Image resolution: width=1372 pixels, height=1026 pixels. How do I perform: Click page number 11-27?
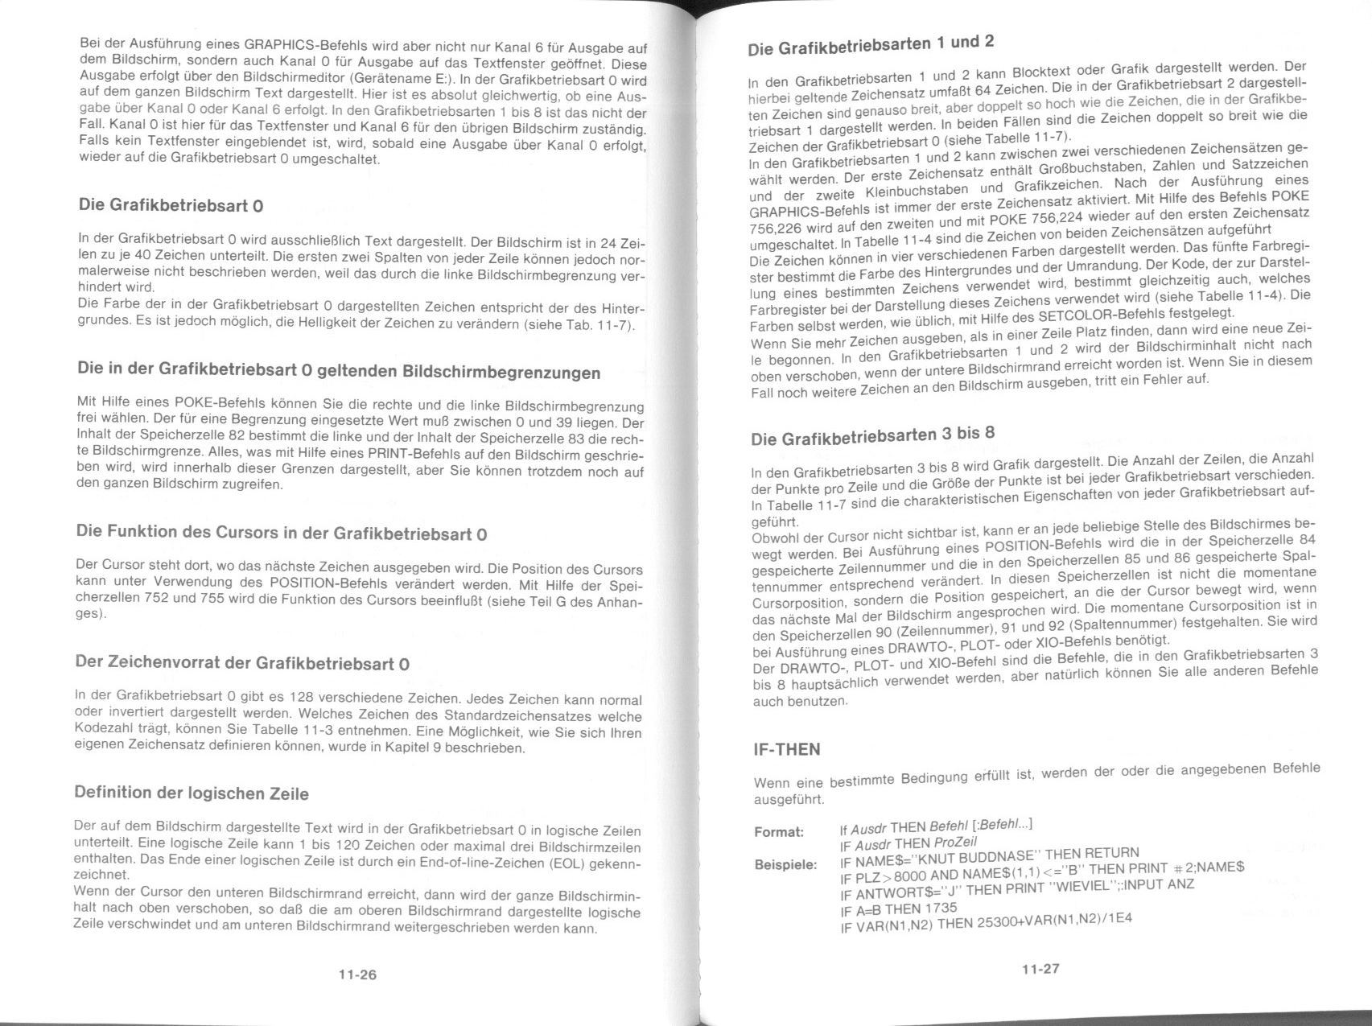(x=1040, y=969)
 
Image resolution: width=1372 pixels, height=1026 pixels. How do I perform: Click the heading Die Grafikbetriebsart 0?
(x=171, y=205)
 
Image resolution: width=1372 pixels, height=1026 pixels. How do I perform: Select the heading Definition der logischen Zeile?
(x=192, y=793)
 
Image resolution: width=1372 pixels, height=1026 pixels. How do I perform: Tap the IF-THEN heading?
(x=786, y=750)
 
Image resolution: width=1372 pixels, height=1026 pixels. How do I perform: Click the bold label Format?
(x=778, y=832)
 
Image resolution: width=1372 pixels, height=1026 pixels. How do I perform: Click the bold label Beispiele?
(x=785, y=865)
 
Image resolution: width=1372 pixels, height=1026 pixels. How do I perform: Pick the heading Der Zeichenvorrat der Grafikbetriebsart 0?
(x=241, y=663)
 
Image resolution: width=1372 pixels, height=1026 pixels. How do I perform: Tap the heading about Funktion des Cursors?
(x=281, y=533)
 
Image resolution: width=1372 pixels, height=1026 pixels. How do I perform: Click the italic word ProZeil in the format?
(x=955, y=843)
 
